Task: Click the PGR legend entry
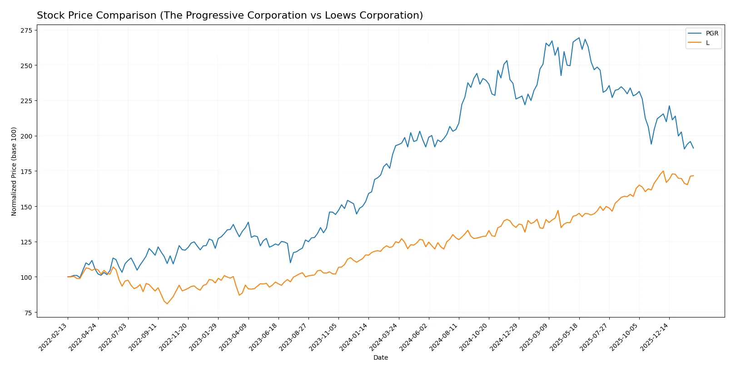(711, 33)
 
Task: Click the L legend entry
(707, 43)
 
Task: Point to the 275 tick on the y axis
(26, 30)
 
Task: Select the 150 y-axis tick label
(26, 207)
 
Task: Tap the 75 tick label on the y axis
(28, 312)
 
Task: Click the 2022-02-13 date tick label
(54, 337)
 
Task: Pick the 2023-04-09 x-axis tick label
(234, 337)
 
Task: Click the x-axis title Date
(380, 358)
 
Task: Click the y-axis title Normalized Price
(14, 171)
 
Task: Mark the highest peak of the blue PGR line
(579, 38)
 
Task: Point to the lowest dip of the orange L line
(167, 304)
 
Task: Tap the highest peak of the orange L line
(663, 171)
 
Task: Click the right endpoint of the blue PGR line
(693, 148)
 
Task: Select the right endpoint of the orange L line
(693, 176)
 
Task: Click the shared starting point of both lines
(68, 277)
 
